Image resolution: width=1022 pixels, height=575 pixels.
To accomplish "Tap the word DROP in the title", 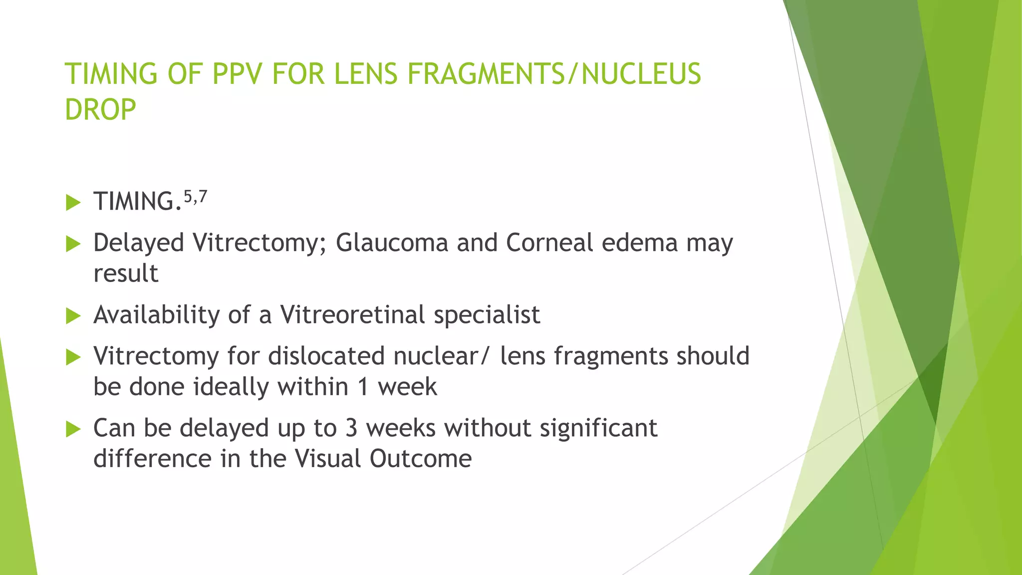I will click(x=100, y=110).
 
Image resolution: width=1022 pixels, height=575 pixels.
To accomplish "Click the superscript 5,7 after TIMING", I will click(x=195, y=197).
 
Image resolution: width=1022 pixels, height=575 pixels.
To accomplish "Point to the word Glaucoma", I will click(x=392, y=243).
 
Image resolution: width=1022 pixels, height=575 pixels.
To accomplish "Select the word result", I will click(x=126, y=274).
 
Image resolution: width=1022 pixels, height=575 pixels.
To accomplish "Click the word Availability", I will click(x=157, y=315).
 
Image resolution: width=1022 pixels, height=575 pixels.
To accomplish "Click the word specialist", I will click(x=487, y=315).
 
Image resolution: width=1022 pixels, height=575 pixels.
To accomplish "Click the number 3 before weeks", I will click(x=351, y=428).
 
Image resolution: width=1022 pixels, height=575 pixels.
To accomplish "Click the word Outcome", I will click(x=420, y=459).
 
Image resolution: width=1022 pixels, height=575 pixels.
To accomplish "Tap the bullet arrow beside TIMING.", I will click(x=73, y=203).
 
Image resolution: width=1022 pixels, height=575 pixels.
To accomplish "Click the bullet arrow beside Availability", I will click(x=73, y=315).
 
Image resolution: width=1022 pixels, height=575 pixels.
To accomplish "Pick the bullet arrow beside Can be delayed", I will click(x=73, y=429).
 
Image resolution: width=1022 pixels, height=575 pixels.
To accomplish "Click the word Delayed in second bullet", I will click(x=139, y=243).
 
